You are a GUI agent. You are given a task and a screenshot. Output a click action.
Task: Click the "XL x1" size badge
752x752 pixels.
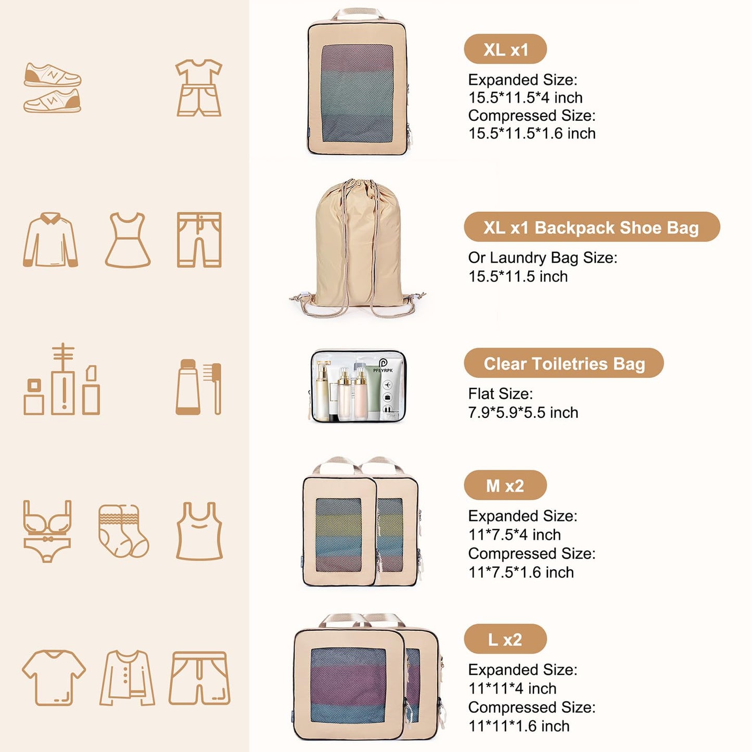point(505,49)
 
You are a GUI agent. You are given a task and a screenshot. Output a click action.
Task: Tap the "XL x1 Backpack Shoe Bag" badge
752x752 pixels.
point(591,227)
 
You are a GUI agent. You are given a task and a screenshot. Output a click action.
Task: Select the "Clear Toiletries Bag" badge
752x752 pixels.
point(564,363)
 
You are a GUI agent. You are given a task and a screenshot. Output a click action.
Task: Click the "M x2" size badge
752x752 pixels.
point(505,485)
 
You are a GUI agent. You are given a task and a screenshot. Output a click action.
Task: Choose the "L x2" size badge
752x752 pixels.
point(505,639)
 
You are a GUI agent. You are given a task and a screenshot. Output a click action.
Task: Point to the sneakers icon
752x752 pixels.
point(52,87)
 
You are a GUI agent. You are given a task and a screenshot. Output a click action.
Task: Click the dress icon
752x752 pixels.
point(128,240)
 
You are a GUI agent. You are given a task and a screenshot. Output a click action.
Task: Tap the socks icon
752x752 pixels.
point(123,530)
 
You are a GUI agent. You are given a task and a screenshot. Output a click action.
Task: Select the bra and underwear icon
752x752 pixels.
point(47,530)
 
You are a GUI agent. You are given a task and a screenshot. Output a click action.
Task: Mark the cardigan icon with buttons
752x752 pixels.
point(128,678)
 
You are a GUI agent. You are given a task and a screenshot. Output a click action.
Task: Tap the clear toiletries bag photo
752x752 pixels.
point(358,386)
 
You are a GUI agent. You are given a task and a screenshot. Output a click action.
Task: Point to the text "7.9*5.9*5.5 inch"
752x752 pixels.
point(523,413)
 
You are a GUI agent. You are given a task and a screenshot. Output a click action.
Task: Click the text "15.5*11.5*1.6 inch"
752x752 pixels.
point(532,134)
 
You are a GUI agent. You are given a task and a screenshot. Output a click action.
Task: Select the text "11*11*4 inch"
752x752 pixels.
point(513,689)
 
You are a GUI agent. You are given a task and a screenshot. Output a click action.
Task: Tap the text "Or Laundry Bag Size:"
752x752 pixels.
point(542,258)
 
